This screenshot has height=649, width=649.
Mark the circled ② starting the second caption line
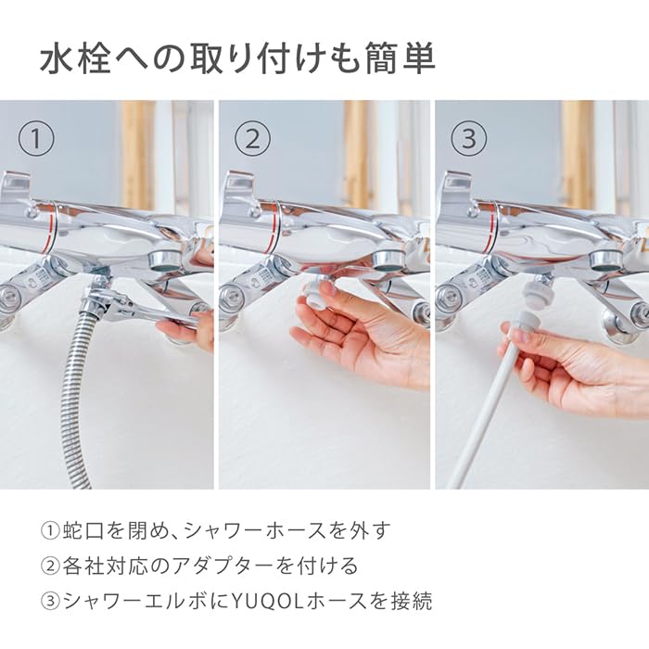(50, 566)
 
